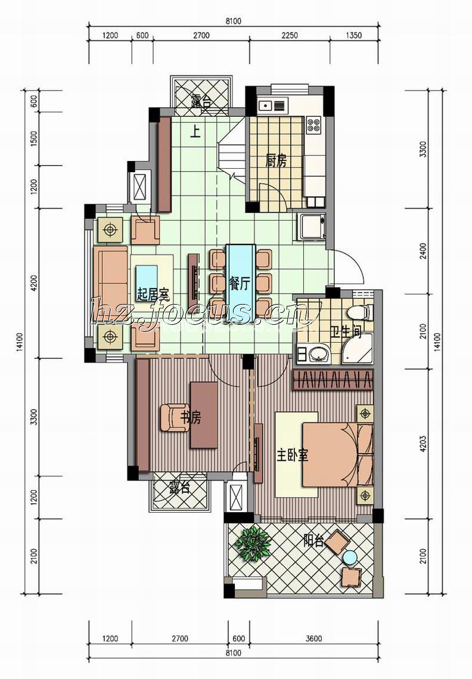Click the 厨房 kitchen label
[276, 161]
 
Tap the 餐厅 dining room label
[240, 284]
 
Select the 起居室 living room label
[153, 295]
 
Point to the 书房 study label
[191, 418]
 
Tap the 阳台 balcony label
[313, 541]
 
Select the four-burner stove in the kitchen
[313, 125]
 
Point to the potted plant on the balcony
[253, 543]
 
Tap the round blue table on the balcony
[350, 557]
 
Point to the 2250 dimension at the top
[289, 36]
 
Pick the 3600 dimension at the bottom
[313, 638]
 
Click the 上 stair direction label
[195, 132]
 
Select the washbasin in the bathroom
[319, 354]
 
